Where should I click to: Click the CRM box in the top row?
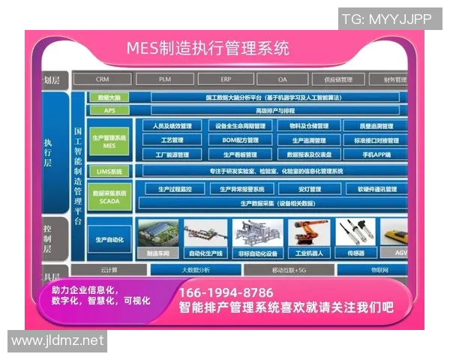pos(103,79)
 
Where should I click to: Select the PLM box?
pos(164,79)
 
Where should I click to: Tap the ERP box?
pos(226,79)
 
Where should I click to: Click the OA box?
pos(282,79)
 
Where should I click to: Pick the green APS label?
pos(109,110)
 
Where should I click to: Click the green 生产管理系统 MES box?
pos(109,141)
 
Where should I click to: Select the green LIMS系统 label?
pos(109,171)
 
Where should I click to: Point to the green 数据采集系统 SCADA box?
pos(109,196)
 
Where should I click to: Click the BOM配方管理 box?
pos(240,140)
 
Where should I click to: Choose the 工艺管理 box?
pos(172,140)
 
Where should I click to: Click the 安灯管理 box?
pos(308,190)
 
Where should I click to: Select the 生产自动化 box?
pos(109,239)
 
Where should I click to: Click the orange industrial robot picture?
pos(307,235)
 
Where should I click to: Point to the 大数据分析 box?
pos(195,269)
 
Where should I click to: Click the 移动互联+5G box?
pos(288,269)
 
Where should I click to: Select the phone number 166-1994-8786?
pos(226,292)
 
